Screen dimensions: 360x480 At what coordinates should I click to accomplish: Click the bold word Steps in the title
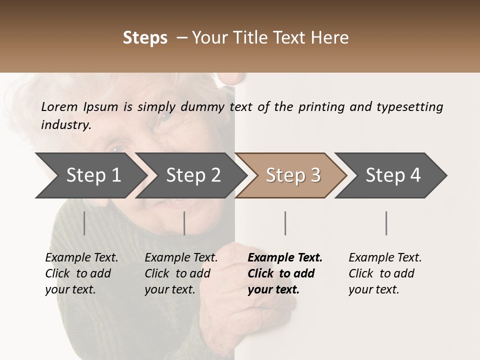pyautogui.click(x=145, y=38)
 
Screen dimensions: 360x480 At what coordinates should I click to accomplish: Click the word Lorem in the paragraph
pyautogui.click(x=59, y=106)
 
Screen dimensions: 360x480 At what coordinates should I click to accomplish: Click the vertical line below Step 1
pyautogui.click(x=84, y=223)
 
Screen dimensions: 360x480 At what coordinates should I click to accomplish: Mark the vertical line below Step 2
pyautogui.click(x=184, y=223)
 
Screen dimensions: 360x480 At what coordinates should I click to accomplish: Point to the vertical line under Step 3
pyautogui.click(x=285, y=223)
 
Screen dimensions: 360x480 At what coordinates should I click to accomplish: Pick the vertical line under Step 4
pyautogui.click(x=386, y=223)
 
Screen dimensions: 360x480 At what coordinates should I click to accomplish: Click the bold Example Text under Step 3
pyautogui.click(x=285, y=258)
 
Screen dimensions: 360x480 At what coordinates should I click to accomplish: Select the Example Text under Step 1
pyautogui.click(x=81, y=258)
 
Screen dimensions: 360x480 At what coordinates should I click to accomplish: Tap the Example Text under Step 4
pyautogui.click(x=385, y=258)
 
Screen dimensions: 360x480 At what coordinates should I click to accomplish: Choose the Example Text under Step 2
pyautogui.click(x=181, y=258)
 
